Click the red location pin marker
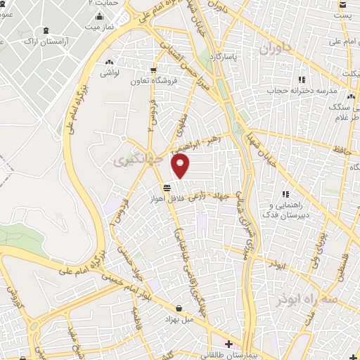point(181,166)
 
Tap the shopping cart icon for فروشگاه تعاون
point(154,69)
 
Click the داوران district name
point(274,49)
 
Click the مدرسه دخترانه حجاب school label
point(302,91)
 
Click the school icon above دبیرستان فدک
point(285,194)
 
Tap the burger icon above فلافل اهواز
point(167,188)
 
